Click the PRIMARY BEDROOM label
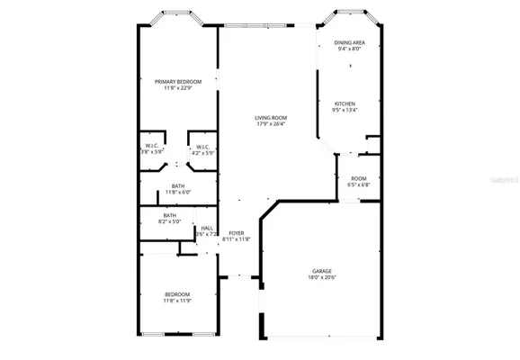(x=176, y=82)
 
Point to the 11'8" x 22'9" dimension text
(x=176, y=88)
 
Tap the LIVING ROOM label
(x=270, y=118)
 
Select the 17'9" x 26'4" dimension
(x=270, y=124)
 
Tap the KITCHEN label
(x=346, y=103)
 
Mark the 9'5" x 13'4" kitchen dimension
(x=346, y=109)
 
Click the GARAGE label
(x=322, y=271)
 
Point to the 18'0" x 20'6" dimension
(x=322, y=277)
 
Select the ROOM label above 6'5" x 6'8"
(x=358, y=179)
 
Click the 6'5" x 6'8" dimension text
(x=358, y=185)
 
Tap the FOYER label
(x=236, y=233)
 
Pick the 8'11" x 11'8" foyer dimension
(x=236, y=239)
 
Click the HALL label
(x=207, y=228)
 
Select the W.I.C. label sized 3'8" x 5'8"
(x=151, y=146)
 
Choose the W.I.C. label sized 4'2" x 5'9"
(x=202, y=146)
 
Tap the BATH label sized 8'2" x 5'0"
(x=169, y=215)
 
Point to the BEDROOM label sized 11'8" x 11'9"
(x=176, y=294)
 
